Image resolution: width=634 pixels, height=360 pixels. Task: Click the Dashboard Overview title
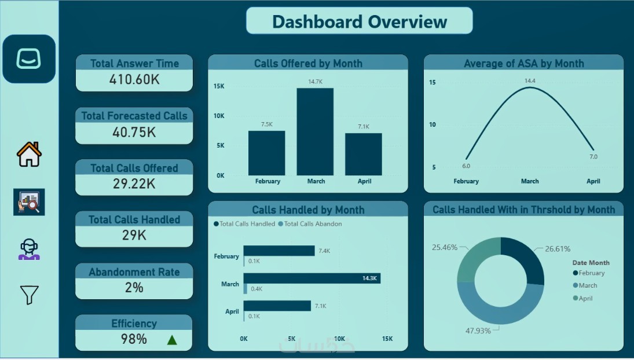click(x=359, y=22)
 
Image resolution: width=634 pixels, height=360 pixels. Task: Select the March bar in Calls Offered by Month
click(x=316, y=132)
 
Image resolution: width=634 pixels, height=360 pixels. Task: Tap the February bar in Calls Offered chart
click(x=266, y=153)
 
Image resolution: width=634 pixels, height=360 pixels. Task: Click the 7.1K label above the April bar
click(x=364, y=127)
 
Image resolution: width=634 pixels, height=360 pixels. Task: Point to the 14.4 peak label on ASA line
click(x=530, y=81)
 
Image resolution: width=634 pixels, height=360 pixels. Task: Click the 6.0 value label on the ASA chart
click(x=466, y=166)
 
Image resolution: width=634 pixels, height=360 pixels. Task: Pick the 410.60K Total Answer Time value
click(x=134, y=80)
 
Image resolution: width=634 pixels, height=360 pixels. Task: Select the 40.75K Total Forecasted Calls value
click(x=134, y=132)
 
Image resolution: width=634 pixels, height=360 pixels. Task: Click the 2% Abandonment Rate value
click(x=134, y=287)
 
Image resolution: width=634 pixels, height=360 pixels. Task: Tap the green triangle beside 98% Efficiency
click(x=172, y=340)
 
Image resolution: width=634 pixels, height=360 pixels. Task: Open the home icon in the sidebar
click(x=29, y=155)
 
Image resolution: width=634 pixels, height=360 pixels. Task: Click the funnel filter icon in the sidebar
click(x=29, y=295)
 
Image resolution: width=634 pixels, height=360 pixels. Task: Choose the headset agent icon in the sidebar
click(x=29, y=249)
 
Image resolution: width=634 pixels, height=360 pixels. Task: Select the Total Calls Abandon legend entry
click(x=310, y=224)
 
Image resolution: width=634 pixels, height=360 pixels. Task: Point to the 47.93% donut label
click(x=478, y=330)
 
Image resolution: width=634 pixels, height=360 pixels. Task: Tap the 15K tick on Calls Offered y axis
click(x=219, y=86)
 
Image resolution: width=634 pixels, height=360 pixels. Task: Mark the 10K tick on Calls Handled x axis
click(x=339, y=339)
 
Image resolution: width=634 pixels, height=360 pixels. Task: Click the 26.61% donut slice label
click(x=558, y=249)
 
